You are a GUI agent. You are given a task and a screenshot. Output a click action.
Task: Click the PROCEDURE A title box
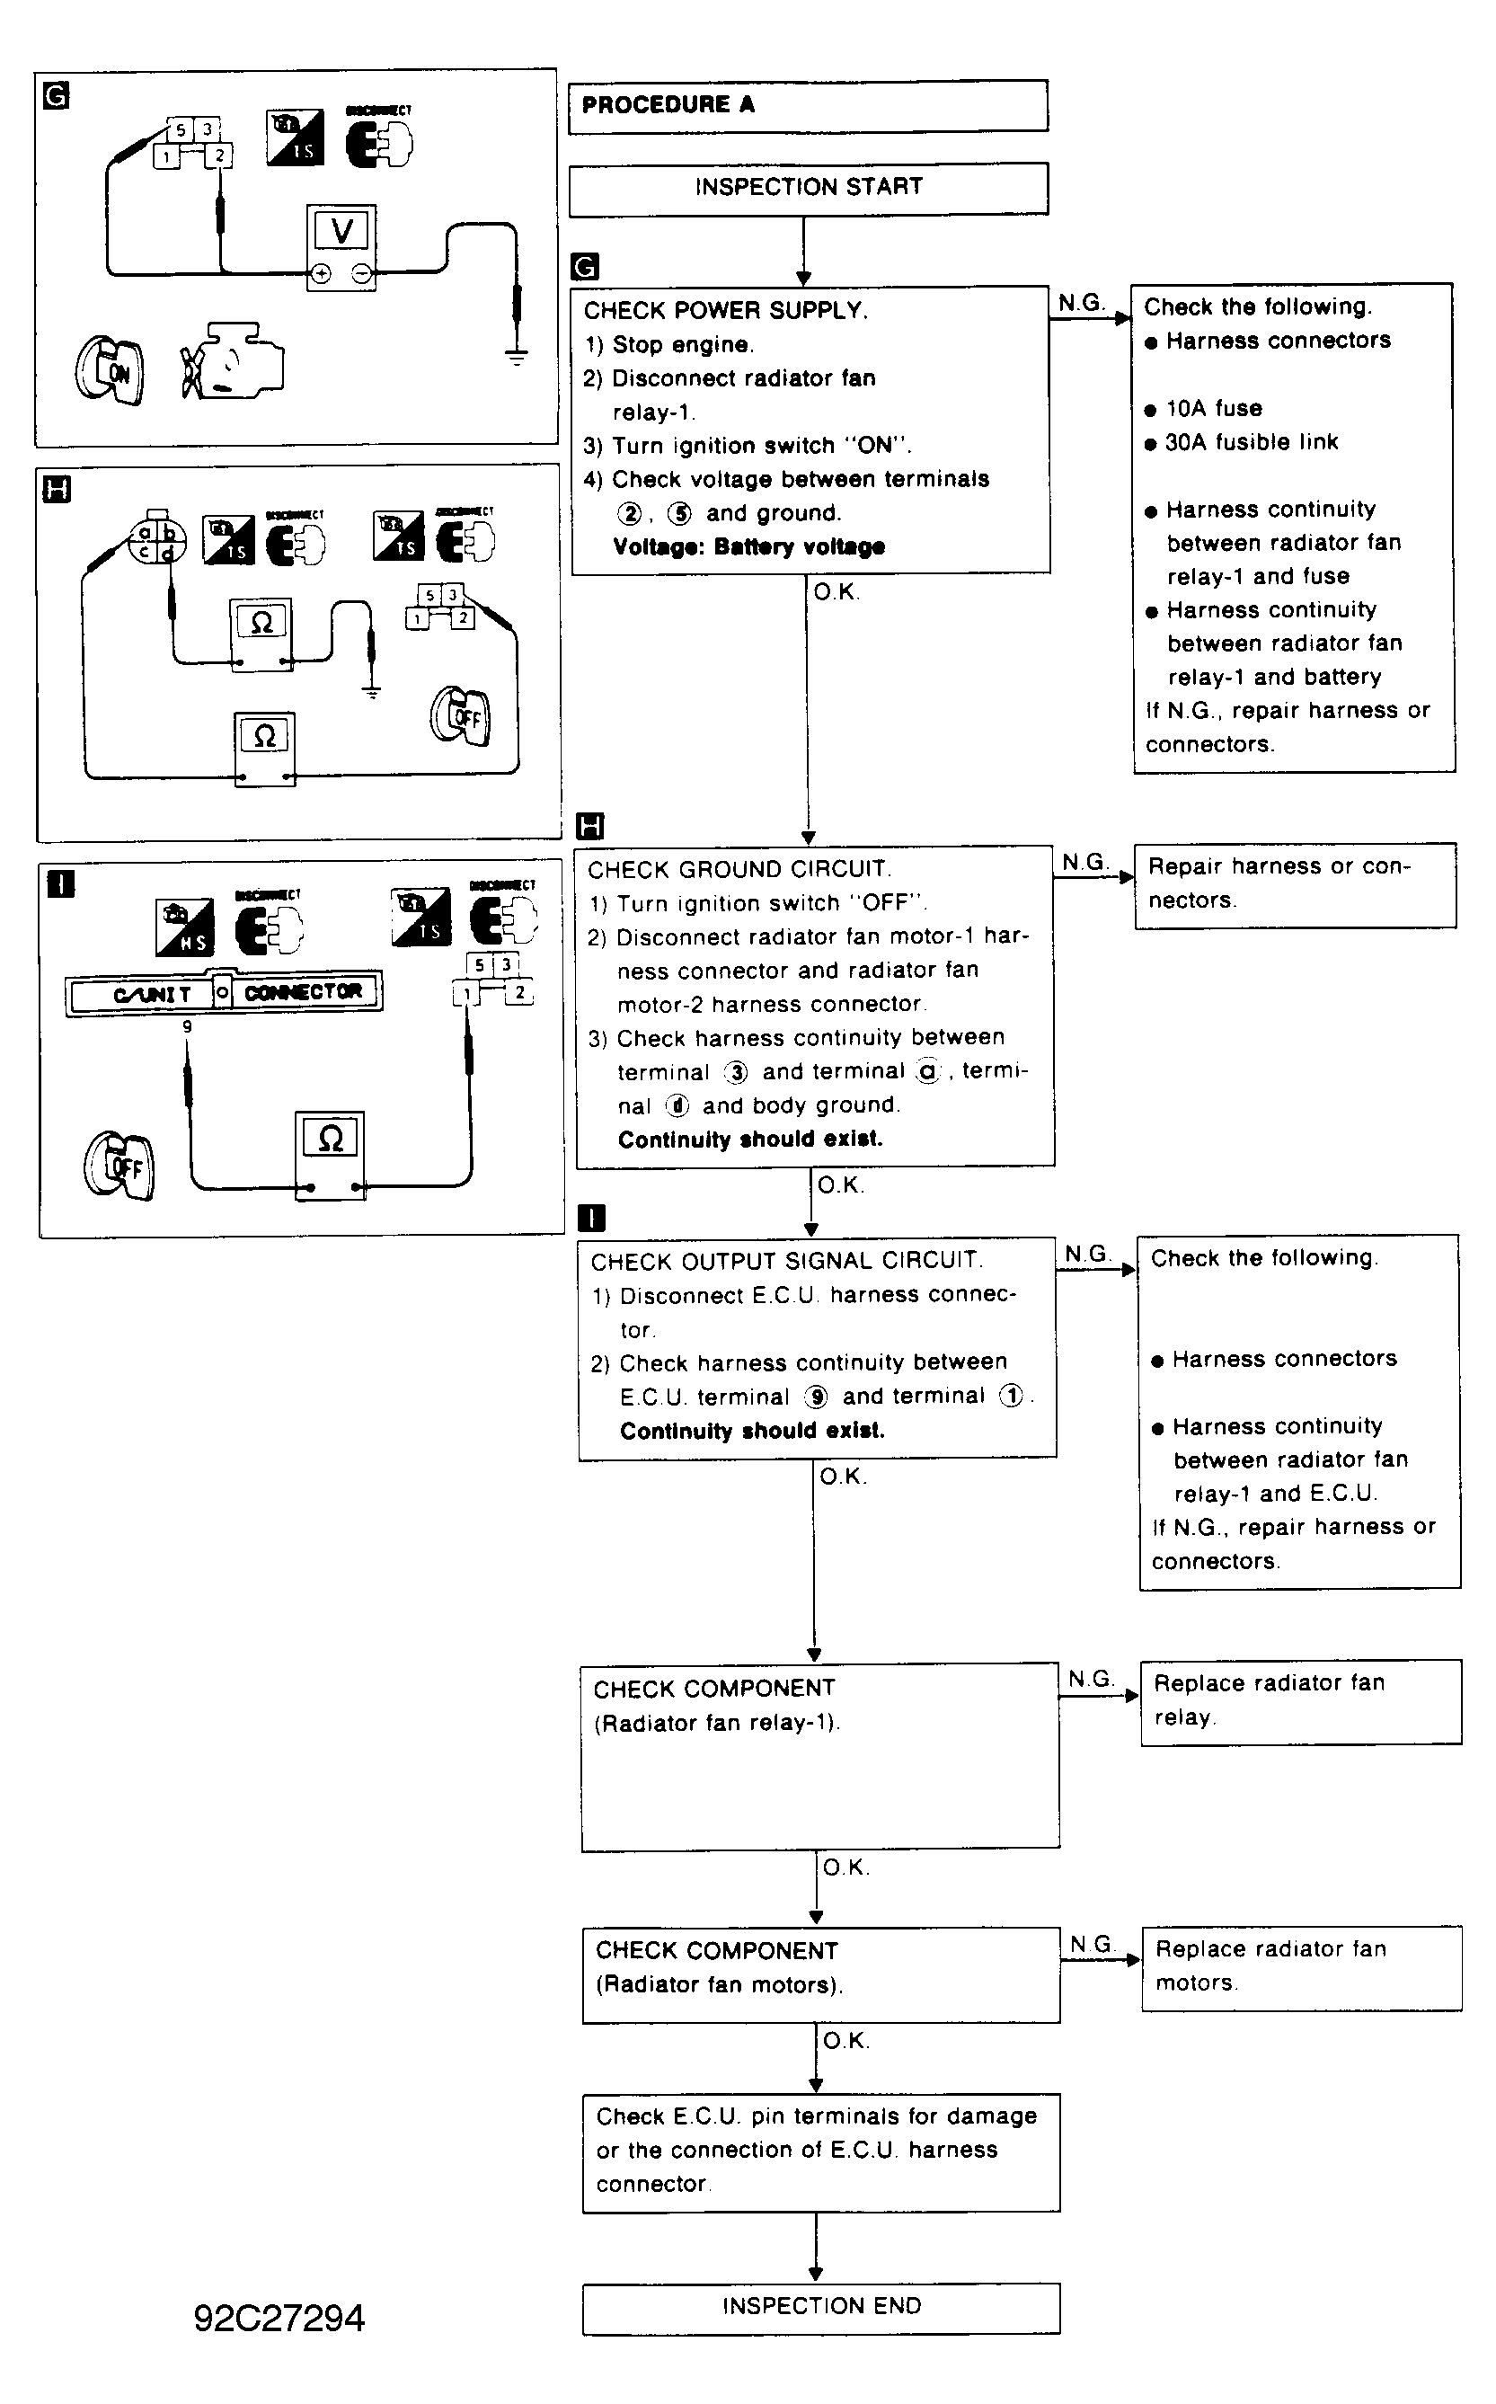[x=808, y=106]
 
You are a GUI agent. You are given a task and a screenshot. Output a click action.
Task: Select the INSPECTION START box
[x=808, y=188]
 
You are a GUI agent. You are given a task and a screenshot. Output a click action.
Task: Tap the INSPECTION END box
[x=820, y=2308]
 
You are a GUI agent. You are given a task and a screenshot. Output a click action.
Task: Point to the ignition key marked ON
[x=110, y=370]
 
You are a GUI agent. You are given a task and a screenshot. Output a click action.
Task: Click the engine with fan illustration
[x=232, y=361]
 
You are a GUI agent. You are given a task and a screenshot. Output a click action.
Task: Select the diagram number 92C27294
[x=279, y=2319]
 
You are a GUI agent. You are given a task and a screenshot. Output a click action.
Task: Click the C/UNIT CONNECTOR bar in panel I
[x=225, y=993]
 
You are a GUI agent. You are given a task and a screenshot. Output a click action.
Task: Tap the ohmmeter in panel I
[x=331, y=1153]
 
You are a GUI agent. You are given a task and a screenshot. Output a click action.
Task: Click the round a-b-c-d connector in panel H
[x=156, y=540]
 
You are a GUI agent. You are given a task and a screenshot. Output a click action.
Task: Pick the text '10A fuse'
[x=1213, y=409]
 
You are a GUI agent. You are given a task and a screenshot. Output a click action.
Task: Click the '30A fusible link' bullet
[x=1251, y=442]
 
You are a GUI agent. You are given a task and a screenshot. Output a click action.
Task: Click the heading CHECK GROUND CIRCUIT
[x=739, y=870]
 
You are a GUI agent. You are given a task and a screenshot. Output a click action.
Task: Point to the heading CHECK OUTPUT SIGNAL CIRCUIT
[x=786, y=1262]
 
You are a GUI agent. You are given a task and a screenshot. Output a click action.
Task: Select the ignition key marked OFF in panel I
[x=120, y=1166]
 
